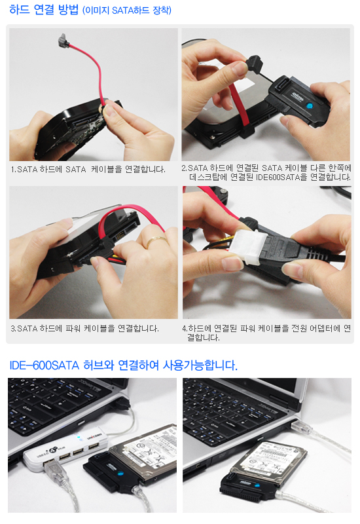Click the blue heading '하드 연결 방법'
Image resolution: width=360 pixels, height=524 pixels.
(x=44, y=10)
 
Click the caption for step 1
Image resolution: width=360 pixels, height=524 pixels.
(x=88, y=170)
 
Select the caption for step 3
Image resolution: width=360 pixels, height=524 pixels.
(x=85, y=329)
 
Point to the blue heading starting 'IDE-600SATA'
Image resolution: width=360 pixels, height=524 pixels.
(x=123, y=365)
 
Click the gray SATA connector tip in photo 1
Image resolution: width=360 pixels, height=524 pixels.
(x=63, y=40)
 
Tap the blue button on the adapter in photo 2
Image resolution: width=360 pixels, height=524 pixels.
(x=309, y=106)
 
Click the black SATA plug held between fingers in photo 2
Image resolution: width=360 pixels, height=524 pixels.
(x=255, y=64)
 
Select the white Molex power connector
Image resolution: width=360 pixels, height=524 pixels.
(x=248, y=247)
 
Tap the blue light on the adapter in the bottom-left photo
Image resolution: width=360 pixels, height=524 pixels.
(x=120, y=474)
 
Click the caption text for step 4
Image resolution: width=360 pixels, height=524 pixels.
(x=266, y=333)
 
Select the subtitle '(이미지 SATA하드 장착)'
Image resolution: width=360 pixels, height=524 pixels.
(x=127, y=10)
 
